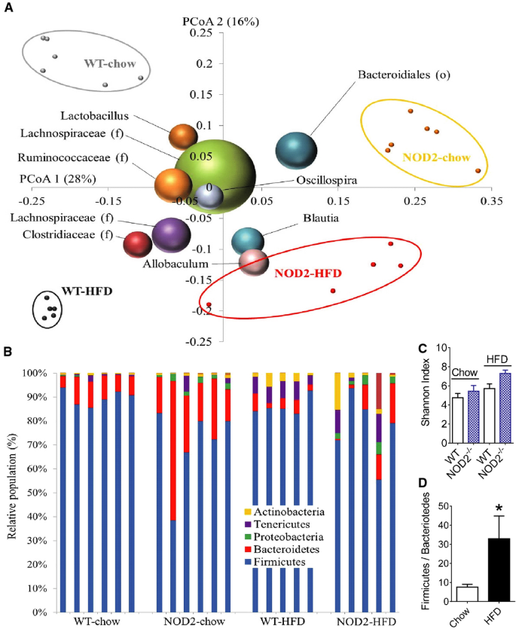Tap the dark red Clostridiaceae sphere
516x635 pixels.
tap(139, 244)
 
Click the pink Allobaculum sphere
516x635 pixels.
tap(254, 261)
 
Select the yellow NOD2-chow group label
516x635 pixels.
tap(436, 157)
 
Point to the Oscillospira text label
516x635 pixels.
tap(326, 180)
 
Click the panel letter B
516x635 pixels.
tap(8, 352)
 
